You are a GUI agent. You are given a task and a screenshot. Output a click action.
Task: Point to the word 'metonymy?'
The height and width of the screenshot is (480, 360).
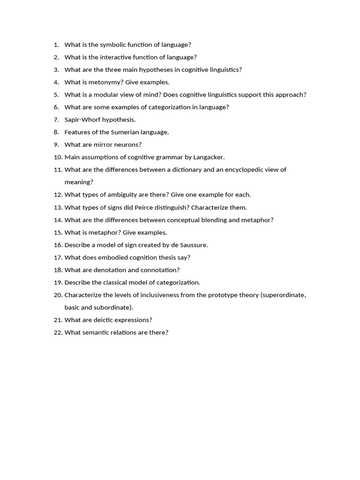pyautogui.click(x=109, y=82)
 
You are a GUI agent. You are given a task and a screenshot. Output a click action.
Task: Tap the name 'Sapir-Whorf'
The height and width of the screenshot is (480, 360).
pyautogui.click(x=82, y=120)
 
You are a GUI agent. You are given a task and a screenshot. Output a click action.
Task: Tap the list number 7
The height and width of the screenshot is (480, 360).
pyautogui.click(x=56, y=120)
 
